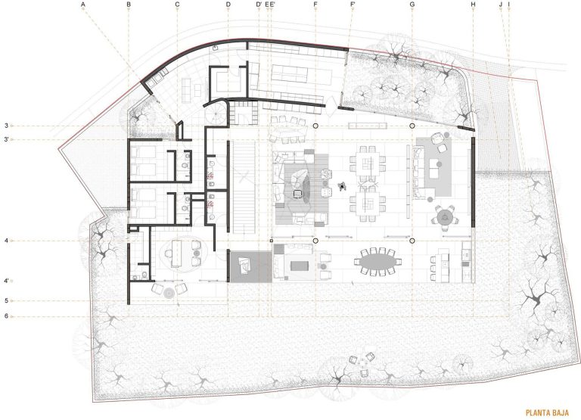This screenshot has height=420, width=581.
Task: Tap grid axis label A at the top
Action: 82,5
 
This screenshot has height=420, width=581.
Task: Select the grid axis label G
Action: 412,5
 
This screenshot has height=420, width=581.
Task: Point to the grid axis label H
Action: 473,5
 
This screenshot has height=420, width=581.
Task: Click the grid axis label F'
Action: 353,5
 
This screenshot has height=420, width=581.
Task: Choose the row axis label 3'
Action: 6,139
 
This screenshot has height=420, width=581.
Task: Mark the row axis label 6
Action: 6,316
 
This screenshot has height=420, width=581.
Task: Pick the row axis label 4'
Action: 6,281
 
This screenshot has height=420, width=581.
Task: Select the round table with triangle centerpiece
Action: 446,219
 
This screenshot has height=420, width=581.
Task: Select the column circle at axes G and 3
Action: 412,126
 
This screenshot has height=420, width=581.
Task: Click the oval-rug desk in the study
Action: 179,253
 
